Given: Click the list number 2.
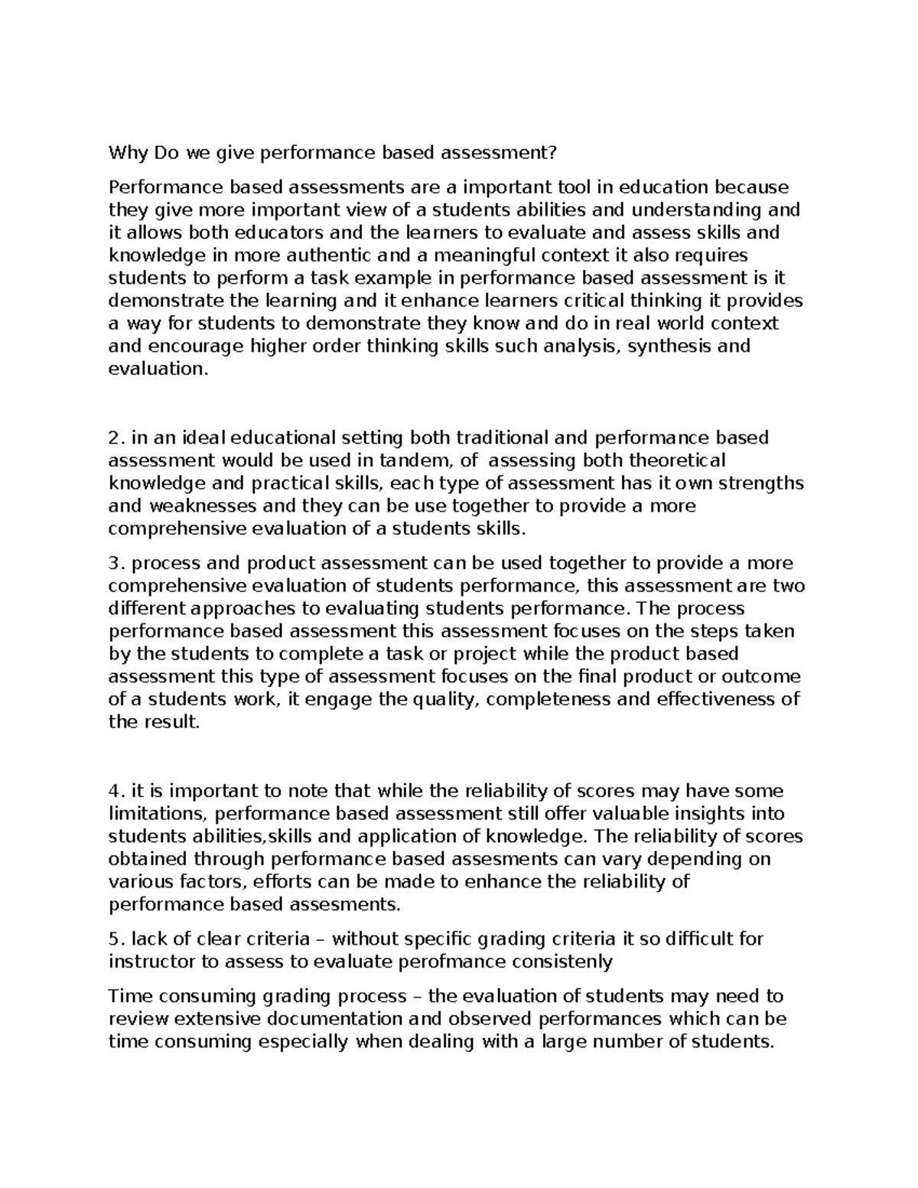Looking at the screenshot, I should (115, 438).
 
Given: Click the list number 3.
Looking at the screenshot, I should (115, 564).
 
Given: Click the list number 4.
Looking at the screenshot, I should (115, 791).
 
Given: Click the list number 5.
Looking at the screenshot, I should (115, 939).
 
